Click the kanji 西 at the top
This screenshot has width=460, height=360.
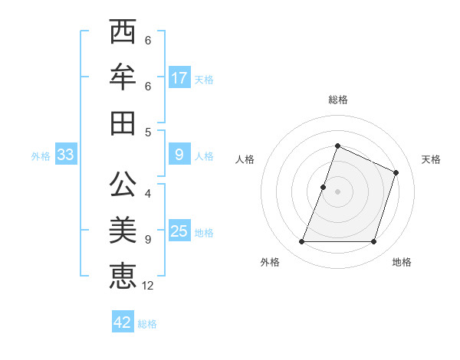pos(123,33)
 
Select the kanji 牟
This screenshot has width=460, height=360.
pos(123,77)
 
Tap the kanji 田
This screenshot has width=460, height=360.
pos(123,123)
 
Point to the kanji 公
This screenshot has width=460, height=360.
pos(123,186)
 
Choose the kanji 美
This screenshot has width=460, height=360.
pos(123,231)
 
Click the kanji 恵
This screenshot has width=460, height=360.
pos(123,276)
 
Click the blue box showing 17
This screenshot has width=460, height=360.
pos(179,77)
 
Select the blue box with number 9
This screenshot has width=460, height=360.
pos(179,155)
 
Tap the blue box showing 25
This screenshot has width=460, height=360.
pos(179,231)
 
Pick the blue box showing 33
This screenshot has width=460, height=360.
pos(65,155)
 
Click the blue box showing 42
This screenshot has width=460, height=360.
pos(123,322)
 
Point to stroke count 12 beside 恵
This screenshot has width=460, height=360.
pos(148,286)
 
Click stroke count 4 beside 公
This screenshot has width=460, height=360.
pos(148,195)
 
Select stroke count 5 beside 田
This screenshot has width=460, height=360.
pos(148,132)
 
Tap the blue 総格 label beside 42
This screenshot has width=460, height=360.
pos(147,324)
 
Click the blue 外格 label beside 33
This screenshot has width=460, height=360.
pos(41,156)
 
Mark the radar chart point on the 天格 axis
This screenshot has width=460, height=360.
pos(396,172)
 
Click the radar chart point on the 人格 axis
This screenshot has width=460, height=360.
pos(324,187)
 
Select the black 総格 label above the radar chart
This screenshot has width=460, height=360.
pos(337,100)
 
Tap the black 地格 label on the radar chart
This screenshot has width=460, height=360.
pos(402,262)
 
